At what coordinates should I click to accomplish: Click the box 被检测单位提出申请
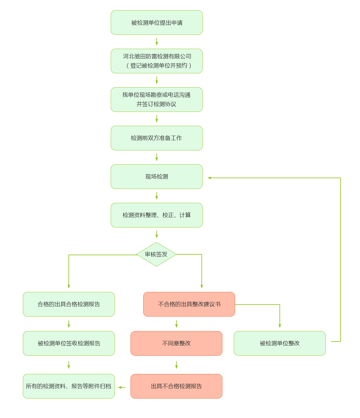click(157, 23)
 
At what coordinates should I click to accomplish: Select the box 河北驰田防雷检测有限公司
click(157, 61)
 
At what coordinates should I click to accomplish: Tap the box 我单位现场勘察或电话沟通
click(157, 100)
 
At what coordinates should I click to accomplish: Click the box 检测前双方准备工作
click(157, 138)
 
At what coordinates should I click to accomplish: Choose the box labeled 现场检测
click(157, 177)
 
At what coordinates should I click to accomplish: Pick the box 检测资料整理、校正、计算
click(157, 215)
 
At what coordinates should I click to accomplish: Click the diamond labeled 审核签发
click(156, 254)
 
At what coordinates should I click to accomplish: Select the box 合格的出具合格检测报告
click(69, 304)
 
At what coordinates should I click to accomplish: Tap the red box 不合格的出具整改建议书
click(189, 304)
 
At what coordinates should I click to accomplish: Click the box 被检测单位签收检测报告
click(69, 343)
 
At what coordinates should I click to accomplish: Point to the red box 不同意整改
click(176, 343)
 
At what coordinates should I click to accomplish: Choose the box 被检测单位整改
click(280, 343)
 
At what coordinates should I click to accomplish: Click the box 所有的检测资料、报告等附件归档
click(69, 386)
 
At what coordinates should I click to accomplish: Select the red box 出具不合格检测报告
click(176, 386)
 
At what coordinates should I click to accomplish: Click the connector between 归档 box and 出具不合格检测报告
click(122, 387)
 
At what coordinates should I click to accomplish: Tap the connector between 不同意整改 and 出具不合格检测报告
click(176, 365)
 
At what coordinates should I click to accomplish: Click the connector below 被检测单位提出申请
click(157, 42)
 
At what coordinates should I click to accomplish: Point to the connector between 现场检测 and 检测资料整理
click(157, 196)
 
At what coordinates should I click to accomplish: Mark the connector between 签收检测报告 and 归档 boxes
click(69, 365)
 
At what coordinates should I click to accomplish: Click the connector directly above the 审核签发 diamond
click(157, 234)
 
